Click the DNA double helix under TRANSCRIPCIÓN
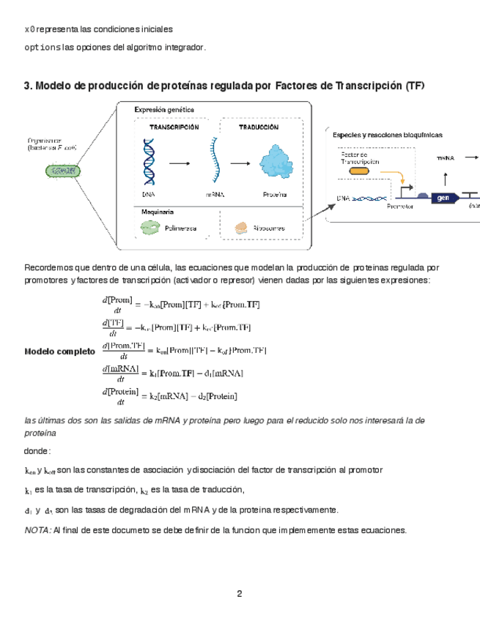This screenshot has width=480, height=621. (x=149, y=163)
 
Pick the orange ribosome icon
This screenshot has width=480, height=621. (x=242, y=228)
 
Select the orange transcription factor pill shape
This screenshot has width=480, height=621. (x=360, y=171)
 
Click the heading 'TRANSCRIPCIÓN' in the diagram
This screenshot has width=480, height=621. (x=174, y=127)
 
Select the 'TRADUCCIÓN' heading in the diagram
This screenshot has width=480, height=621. (x=258, y=127)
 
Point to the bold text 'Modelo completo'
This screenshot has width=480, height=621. (x=59, y=352)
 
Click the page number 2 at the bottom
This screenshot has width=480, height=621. (x=240, y=593)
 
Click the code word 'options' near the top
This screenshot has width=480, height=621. (x=38, y=48)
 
